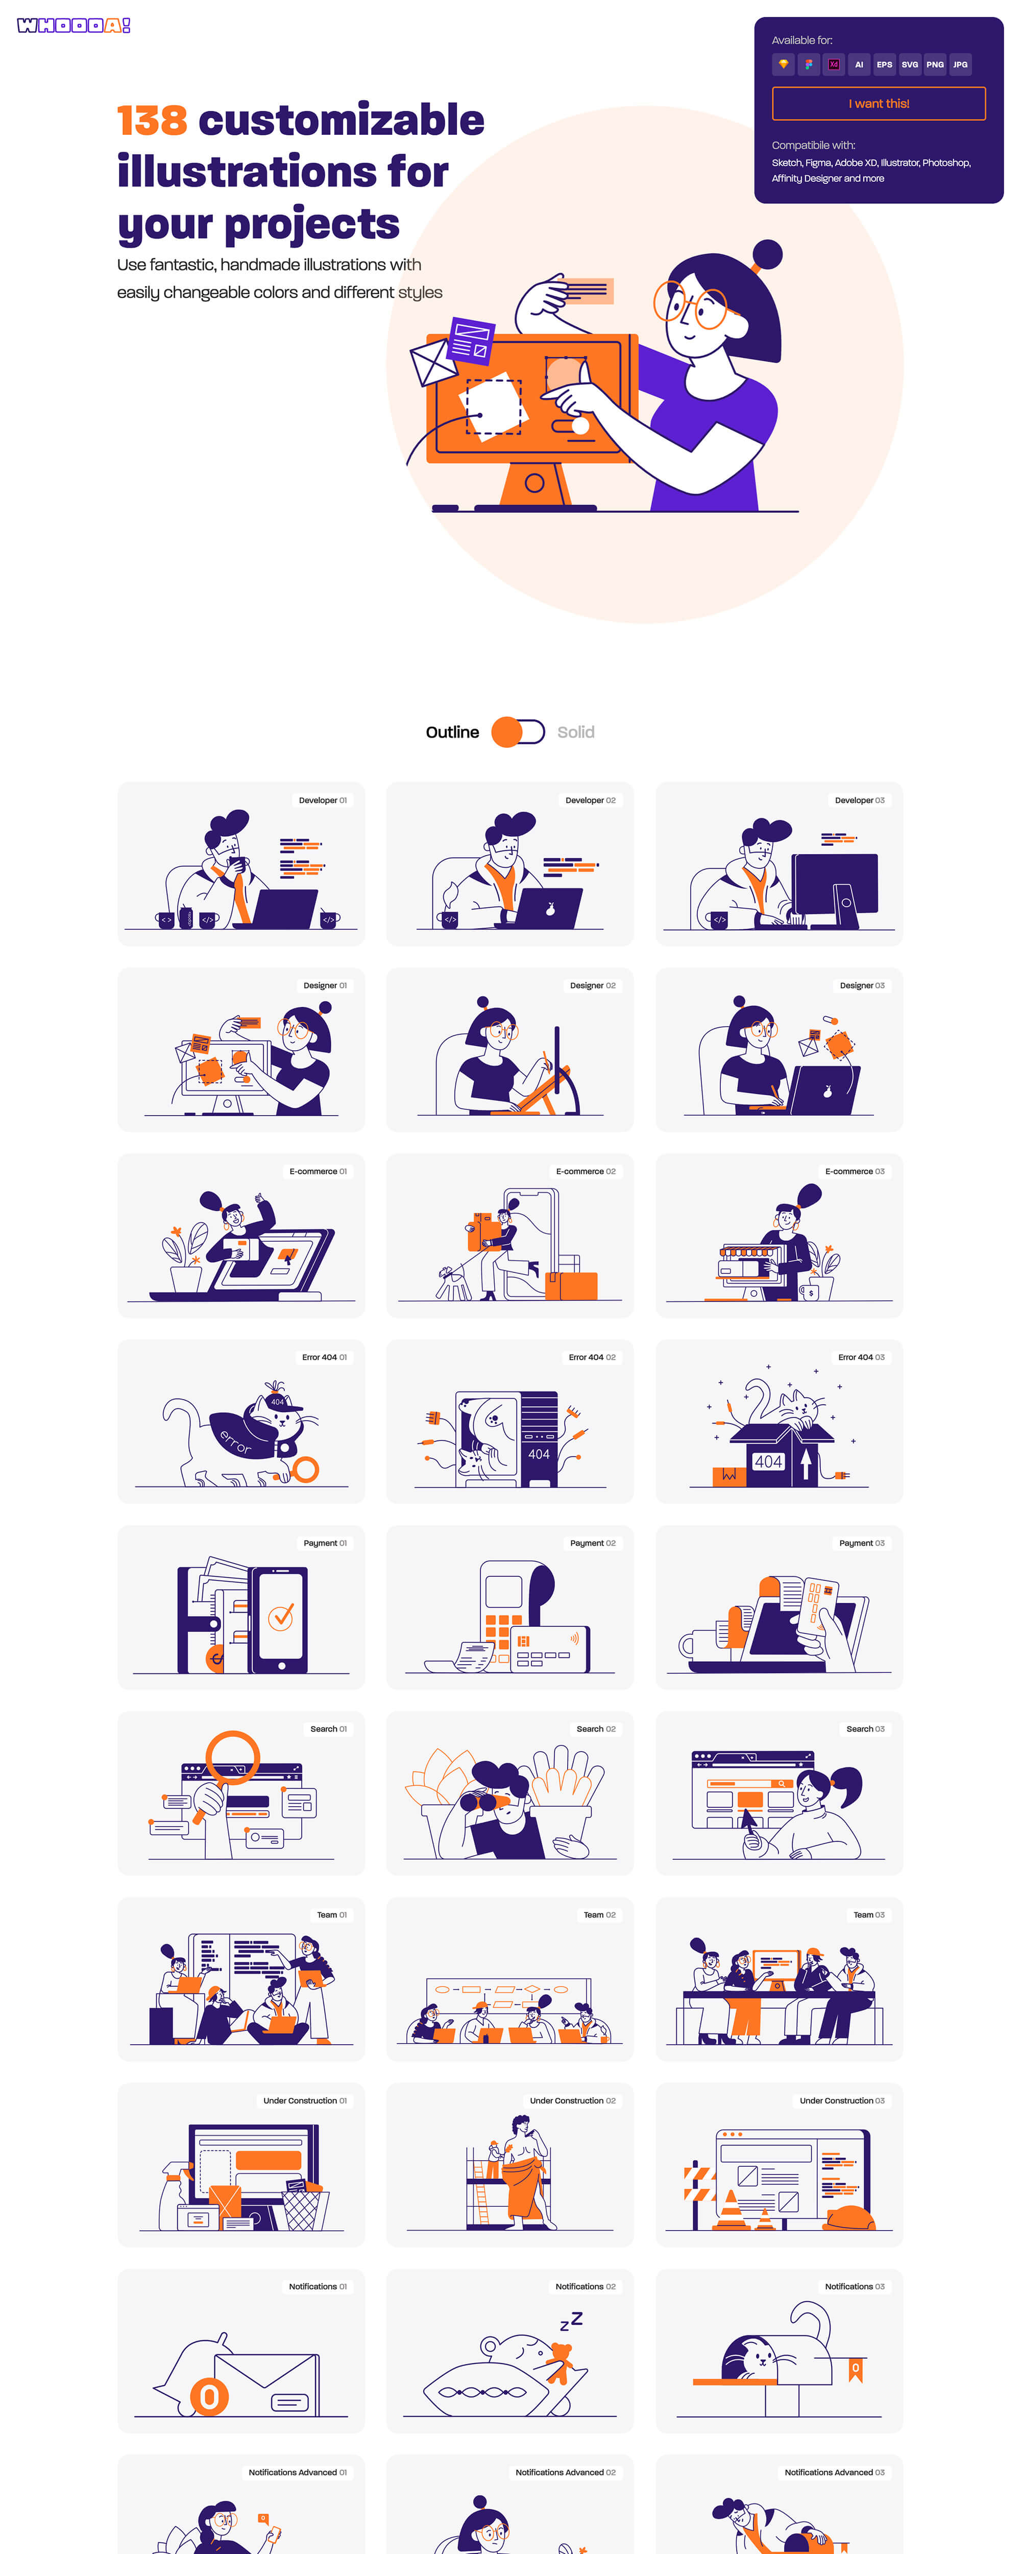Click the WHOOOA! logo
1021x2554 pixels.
click(x=74, y=26)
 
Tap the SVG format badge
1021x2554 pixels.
click(x=909, y=64)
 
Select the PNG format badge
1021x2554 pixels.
click(x=935, y=64)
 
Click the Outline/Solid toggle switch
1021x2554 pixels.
click(x=518, y=731)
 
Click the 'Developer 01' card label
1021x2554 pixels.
click(x=322, y=800)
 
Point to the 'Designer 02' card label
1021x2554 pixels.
click(x=592, y=985)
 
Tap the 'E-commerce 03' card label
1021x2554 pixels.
click(x=855, y=1171)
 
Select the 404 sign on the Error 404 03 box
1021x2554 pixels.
click(x=768, y=1461)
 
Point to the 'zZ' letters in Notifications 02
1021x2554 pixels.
click(x=571, y=2321)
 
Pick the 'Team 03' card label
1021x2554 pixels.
click(x=868, y=1914)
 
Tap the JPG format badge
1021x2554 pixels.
click(x=960, y=64)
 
